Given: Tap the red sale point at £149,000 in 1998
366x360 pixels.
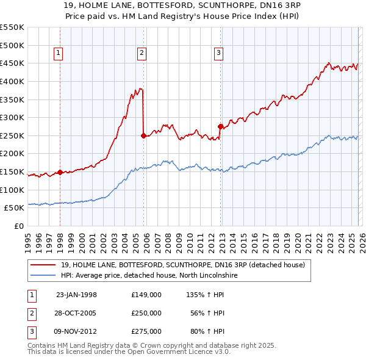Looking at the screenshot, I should coord(60,172).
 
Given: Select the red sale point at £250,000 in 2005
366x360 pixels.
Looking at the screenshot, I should coord(143,136).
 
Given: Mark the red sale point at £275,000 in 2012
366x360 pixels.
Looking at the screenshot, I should coord(220,126).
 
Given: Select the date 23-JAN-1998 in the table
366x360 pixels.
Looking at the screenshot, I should coord(76,295).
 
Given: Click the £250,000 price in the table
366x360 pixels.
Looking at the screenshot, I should coord(146,313).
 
